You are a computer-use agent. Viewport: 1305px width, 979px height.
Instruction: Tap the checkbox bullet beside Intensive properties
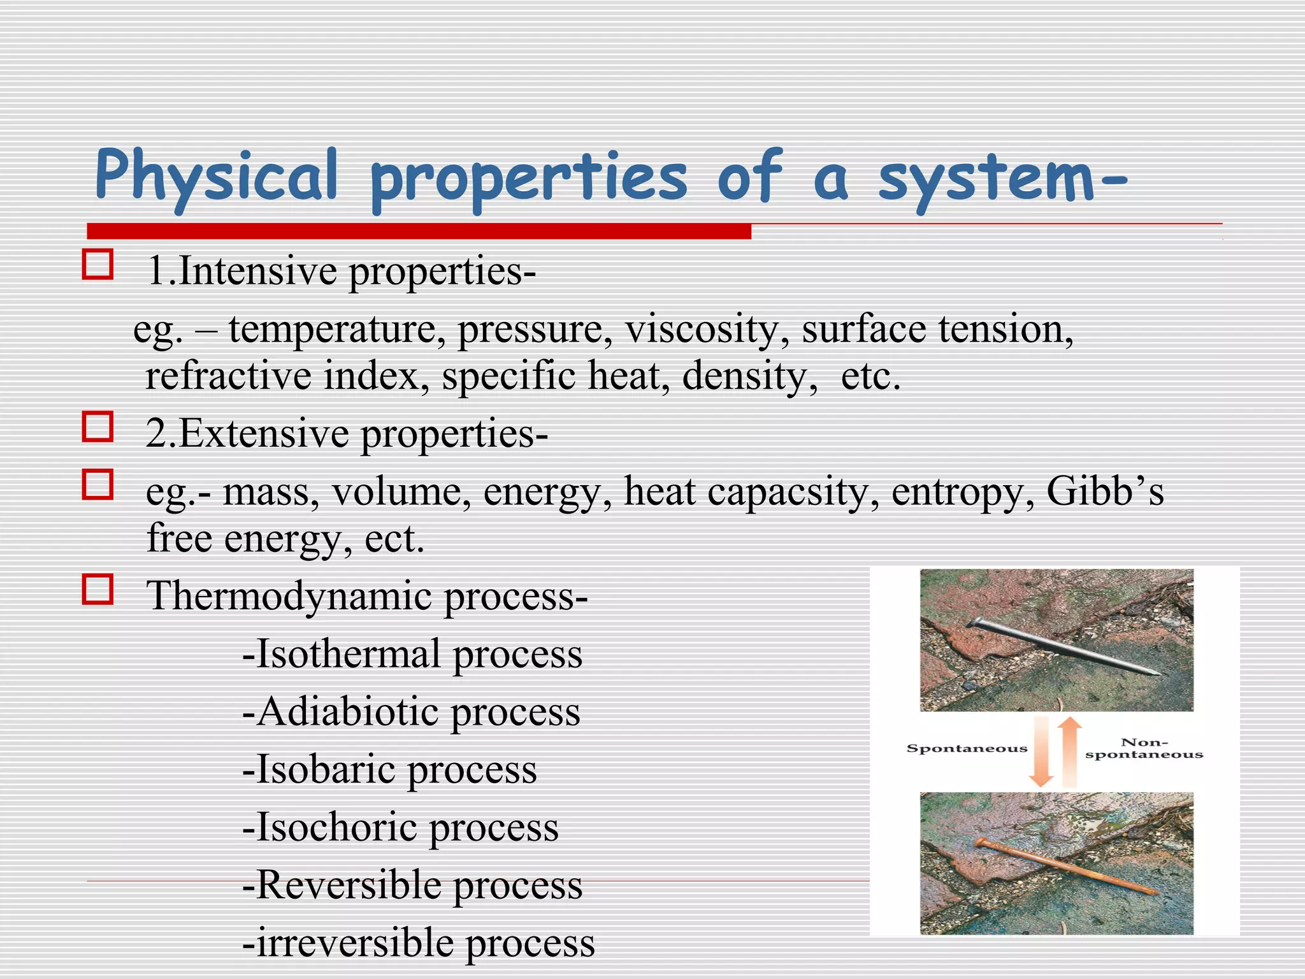click(97, 265)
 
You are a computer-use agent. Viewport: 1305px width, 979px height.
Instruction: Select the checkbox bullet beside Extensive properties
click(97, 426)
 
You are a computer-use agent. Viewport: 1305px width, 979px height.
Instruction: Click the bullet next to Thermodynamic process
click(97, 589)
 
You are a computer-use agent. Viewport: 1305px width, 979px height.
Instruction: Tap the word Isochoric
click(336, 828)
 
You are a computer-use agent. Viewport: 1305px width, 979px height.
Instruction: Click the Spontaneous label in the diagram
click(967, 749)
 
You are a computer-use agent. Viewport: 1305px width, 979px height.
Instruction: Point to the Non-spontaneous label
click(1144, 748)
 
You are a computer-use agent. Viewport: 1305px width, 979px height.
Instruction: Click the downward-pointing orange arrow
click(1041, 752)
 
